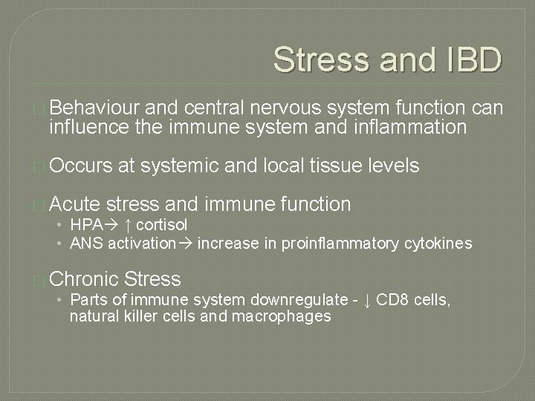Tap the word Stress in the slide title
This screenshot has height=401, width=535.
pos(319,60)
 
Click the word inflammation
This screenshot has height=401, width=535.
pos(403,128)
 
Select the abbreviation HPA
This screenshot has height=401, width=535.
pos(85,225)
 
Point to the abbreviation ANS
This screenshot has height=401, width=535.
pos(83,243)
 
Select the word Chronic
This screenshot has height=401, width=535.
pos(85,279)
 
